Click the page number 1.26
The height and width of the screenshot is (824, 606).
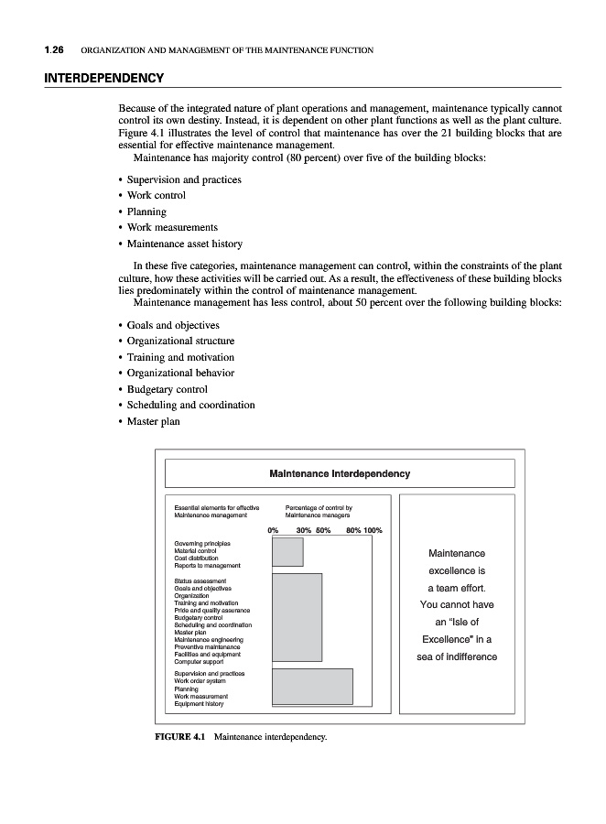point(54,49)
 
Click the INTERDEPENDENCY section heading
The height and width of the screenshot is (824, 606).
point(103,78)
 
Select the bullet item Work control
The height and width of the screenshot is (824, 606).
point(156,195)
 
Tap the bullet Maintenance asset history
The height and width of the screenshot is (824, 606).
point(184,244)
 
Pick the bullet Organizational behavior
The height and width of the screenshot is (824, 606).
point(180,373)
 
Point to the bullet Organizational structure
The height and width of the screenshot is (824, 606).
point(180,341)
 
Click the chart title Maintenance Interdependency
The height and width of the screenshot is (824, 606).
point(340,474)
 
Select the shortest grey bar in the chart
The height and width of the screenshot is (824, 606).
point(287,552)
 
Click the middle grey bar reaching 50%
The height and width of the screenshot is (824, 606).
point(297,617)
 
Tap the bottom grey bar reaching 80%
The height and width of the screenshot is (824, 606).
point(312,686)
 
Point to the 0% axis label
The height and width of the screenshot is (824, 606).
point(273,530)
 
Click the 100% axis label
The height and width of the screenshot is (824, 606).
point(373,530)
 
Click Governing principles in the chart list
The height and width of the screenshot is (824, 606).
point(201,543)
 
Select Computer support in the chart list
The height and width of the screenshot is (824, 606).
point(200,661)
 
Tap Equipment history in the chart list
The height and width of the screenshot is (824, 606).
point(199,704)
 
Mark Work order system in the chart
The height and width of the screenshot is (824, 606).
point(200,681)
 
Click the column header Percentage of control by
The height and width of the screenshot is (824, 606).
point(319,507)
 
